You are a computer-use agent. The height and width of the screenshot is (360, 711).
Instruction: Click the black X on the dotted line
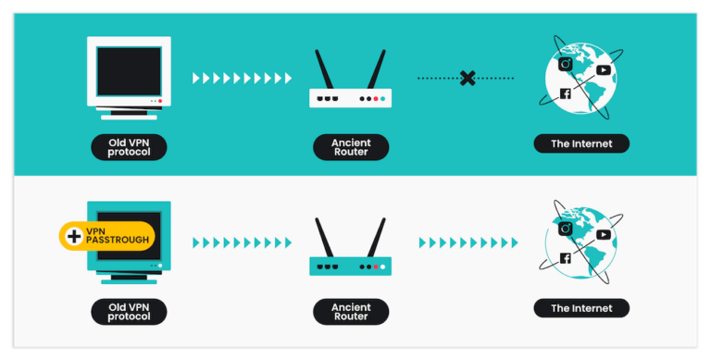468,79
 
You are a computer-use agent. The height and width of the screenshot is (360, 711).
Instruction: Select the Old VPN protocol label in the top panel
129,146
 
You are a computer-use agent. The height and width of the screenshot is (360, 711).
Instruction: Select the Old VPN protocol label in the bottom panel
129,311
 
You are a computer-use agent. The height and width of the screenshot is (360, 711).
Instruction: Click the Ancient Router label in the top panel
350,146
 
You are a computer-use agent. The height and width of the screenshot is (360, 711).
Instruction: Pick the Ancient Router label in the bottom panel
350,311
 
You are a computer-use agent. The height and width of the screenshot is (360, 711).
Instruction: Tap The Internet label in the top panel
581,143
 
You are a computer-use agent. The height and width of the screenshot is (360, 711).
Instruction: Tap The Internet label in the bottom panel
581,308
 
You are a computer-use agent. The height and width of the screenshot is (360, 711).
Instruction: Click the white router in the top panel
350,97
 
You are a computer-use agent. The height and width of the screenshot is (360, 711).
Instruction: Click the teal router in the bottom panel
350,266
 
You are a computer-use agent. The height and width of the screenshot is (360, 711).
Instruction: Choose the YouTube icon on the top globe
604,69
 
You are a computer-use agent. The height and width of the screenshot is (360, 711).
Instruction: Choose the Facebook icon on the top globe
565,93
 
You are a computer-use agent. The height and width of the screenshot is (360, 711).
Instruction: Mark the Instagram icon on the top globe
566,63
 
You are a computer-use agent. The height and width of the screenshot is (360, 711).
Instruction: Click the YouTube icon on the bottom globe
604,234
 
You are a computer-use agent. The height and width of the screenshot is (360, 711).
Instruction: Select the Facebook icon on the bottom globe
565,259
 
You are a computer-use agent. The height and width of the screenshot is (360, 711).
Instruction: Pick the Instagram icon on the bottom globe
566,228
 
